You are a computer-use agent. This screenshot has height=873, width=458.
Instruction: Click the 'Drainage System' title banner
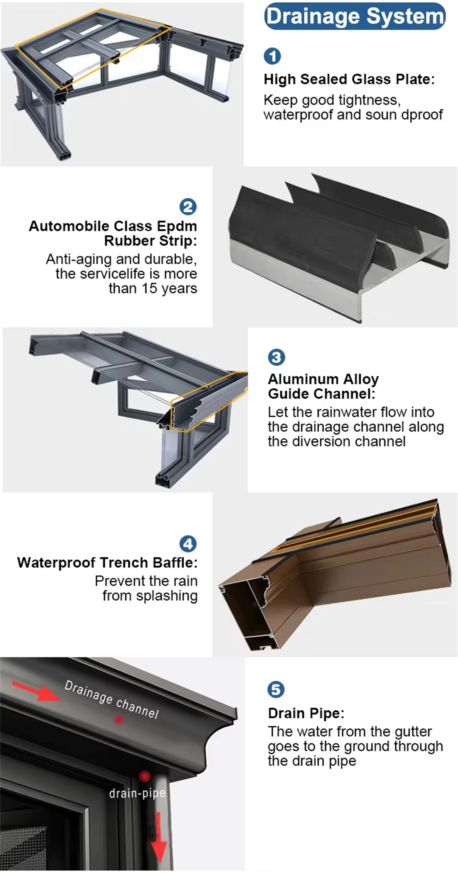click(x=355, y=16)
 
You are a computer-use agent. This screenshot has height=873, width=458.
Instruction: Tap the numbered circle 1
click(x=272, y=56)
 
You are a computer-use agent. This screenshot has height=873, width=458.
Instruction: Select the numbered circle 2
click(x=188, y=206)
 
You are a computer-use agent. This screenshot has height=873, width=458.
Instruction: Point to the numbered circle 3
click(x=276, y=357)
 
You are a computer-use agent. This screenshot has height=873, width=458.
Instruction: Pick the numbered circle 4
click(x=188, y=544)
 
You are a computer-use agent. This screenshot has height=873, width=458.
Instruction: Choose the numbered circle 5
click(x=276, y=689)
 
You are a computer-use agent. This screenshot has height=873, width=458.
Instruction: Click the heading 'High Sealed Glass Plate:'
click(x=349, y=79)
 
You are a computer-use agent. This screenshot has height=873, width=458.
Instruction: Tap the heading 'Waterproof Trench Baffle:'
click(x=107, y=563)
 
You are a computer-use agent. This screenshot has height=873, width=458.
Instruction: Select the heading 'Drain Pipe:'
click(x=306, y=713)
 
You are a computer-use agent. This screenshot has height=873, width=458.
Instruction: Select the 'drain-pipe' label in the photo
click(x=137, y=793)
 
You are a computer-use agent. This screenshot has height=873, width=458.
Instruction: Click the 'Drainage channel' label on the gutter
click(x=112, y=699)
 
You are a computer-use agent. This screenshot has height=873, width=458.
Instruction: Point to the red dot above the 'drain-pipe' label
click(x=145, y=776)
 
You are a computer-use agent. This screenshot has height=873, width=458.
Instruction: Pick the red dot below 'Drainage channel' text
click(x=119, y=720)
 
